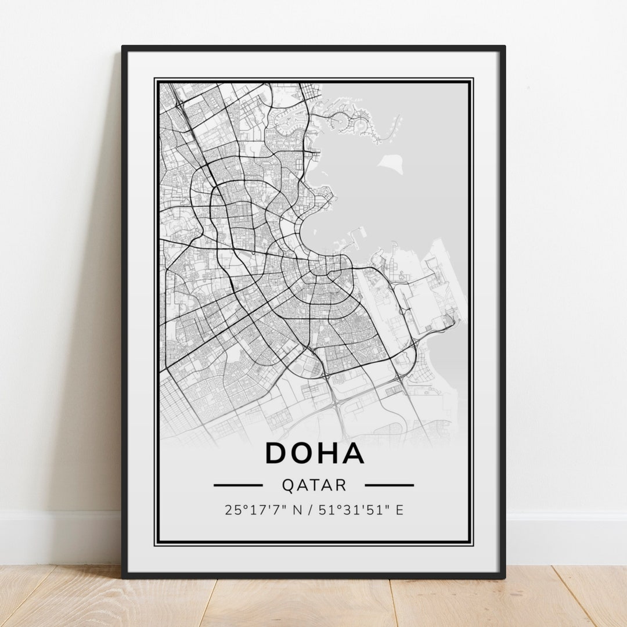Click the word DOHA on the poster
315,453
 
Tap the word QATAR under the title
313,485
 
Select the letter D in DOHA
278,453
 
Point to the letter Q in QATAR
287,485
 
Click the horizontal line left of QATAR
238,485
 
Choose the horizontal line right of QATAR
389,485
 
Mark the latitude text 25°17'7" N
264,510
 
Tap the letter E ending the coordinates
399,510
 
